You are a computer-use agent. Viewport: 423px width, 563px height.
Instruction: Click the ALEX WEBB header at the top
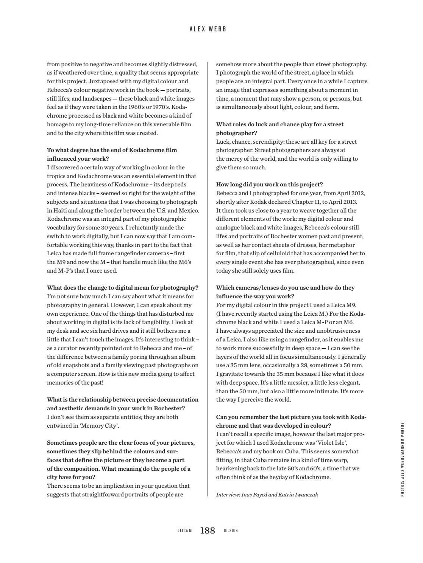[x=208, y=29]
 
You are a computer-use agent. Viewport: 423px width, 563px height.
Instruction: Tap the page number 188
[x=208, y=530]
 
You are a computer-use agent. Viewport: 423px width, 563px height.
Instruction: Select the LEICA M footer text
[x=185, y=531]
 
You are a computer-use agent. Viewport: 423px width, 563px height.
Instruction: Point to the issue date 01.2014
[x=231, y=531]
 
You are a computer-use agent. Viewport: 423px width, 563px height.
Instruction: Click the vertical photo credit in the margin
[x=403, y=459]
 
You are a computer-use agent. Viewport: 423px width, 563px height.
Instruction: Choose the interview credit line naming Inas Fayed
[x=267, y=494]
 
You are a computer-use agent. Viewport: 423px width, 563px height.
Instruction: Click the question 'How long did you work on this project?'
[x=269, y=185]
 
